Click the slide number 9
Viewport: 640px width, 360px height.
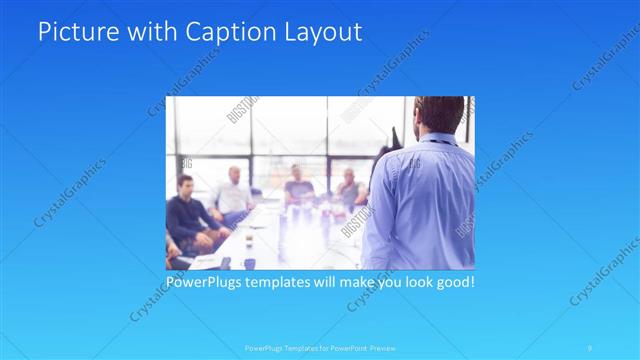(x=591, y=348)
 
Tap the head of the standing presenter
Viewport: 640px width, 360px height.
(x=437, y=114)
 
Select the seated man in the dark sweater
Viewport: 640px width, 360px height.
(x=188, y=215)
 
